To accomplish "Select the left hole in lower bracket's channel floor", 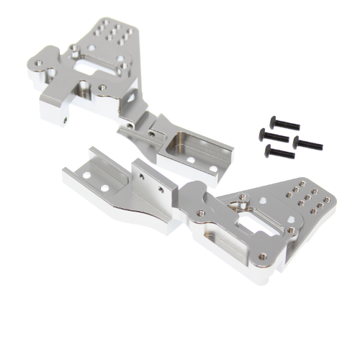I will (87, 175).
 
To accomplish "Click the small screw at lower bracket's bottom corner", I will (289, 231).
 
